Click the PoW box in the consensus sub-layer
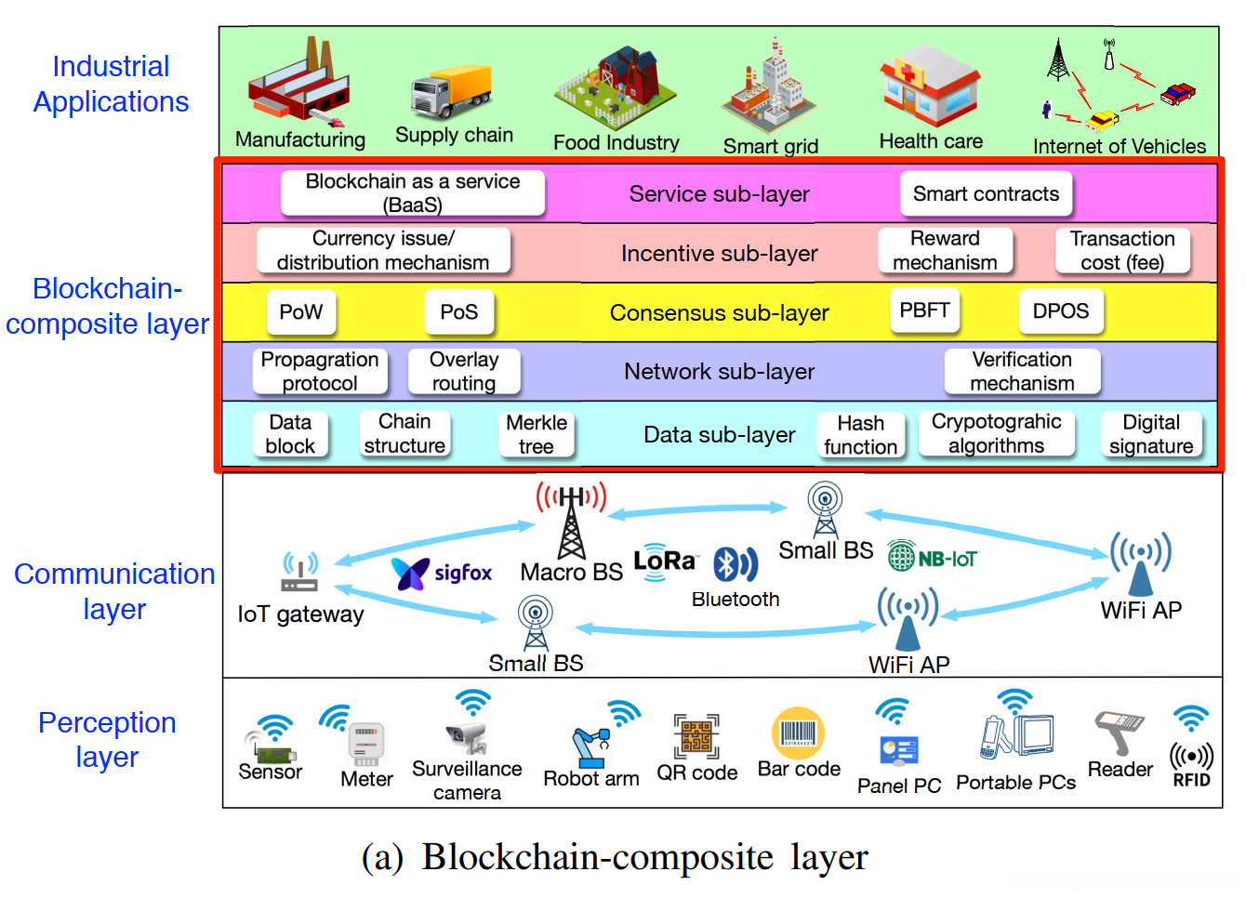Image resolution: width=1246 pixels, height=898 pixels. point(300,312)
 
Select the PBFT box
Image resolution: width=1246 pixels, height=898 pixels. point(923,310)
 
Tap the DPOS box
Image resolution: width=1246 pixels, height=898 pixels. point(1060,311)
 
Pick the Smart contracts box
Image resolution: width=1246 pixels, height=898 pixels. point(986,193)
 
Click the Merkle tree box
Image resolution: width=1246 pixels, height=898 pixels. point(537,435)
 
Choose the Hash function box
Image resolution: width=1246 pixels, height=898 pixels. point(861,435)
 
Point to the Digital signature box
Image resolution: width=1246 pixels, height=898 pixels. point(1151,435)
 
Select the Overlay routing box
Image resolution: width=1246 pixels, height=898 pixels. point(464,372)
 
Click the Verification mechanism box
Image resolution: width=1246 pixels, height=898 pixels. point(1022,372)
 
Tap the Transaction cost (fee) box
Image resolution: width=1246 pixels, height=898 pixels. point(1122,251)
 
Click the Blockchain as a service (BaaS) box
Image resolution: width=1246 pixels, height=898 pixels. point(413,193)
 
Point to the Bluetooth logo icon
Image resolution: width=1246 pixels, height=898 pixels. point(735,564)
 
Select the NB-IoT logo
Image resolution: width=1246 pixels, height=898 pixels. point(932,558)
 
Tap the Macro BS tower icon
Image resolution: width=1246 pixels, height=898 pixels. point(571,521)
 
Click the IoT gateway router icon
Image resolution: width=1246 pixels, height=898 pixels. point(299,573)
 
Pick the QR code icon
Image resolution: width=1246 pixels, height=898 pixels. point(696,737)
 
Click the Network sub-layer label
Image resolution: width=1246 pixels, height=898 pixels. point(719,372)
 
